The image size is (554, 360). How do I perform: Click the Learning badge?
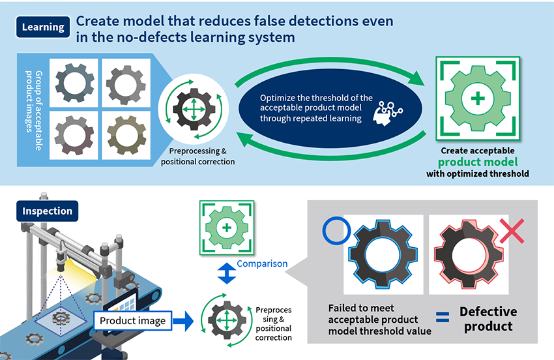pyautogui.click(x=43, y=27)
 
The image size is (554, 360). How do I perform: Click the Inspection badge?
pyautogui.click(x=48, y=211)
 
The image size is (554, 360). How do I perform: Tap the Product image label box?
pyautogui.click(x=133, y=320)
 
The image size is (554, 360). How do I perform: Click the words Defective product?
pyautogui.click(x=488, y=319)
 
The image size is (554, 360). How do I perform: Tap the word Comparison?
pyautogui.click(x=262, y=264)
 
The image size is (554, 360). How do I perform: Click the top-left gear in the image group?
pyautogui.click(x=74, y=83)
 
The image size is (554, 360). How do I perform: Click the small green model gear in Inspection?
pyautogui.click(x=226, y=228)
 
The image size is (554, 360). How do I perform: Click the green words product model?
pyautogui.click(x=478, y=161)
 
